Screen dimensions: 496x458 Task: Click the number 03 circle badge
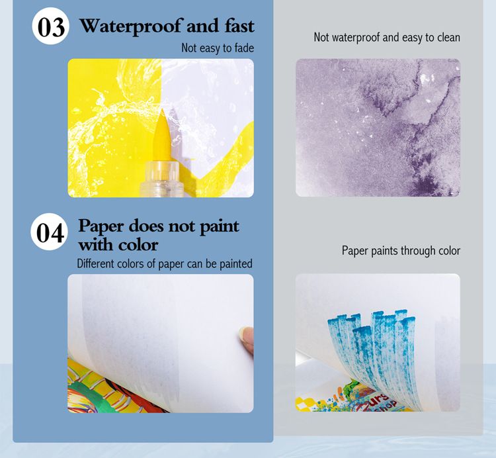51,26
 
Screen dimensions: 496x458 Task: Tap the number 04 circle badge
50,232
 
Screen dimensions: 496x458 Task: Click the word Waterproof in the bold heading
131,26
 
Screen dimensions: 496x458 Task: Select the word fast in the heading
240,26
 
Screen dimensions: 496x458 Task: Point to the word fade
244,48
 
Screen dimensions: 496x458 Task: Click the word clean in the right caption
448,37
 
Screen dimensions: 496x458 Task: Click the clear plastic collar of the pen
161,179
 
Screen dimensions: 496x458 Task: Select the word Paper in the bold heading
101,226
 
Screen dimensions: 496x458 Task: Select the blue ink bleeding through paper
372,355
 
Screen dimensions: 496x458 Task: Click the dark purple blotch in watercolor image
424,185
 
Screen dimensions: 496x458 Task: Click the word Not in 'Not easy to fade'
188,48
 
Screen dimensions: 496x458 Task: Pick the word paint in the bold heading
220,226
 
